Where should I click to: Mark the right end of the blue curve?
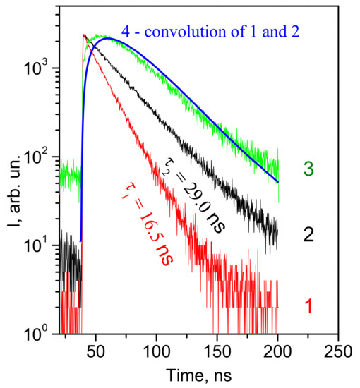tap(278, 182)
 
